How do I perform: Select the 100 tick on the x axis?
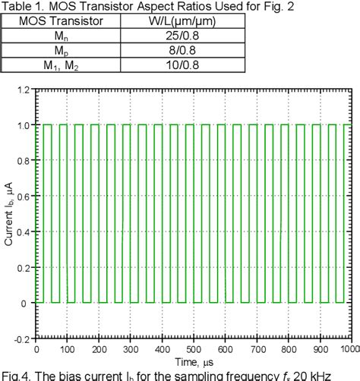click(x=68, y=350)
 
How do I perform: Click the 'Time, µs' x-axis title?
click(x=194, y=361)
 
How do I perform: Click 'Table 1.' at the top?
click(x=21, y=6)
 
